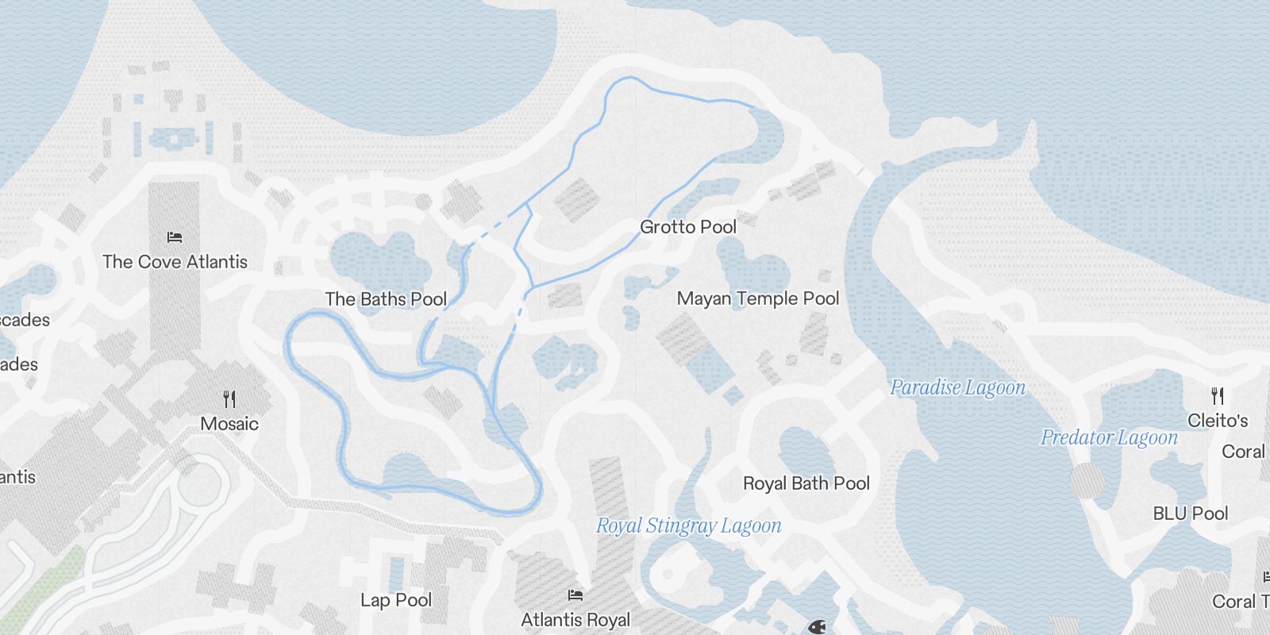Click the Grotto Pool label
[688, 227]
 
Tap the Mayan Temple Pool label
[758, 298]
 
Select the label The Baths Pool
[386, 299]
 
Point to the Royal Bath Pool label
[806, 483]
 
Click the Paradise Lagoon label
[957, 387]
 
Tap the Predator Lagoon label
[1109, 437]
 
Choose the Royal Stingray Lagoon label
[688, 525]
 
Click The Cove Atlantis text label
[175, 262]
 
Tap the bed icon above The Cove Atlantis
[175, 237]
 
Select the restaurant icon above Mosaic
[229, 398]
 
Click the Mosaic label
[229, 424]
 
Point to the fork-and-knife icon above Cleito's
[1218, 395]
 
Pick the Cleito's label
[1218, 421]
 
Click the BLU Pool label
[1190, 514]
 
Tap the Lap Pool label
[396, 600]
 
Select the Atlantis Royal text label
[575, 620]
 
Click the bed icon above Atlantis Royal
[575, 595]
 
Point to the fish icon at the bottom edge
[818, 627]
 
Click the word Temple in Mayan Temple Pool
[768, 298]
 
